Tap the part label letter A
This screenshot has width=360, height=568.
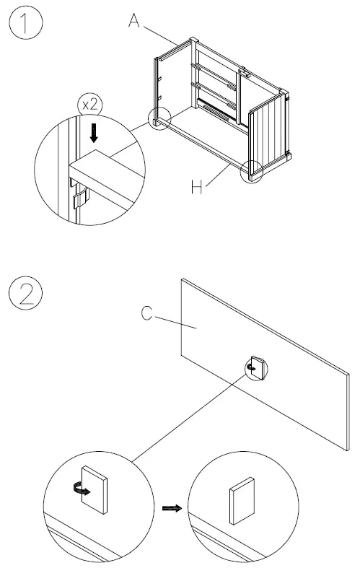134,22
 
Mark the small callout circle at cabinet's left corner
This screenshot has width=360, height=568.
159,120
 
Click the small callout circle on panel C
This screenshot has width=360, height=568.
256,368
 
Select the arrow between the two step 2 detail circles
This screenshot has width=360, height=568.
171,508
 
